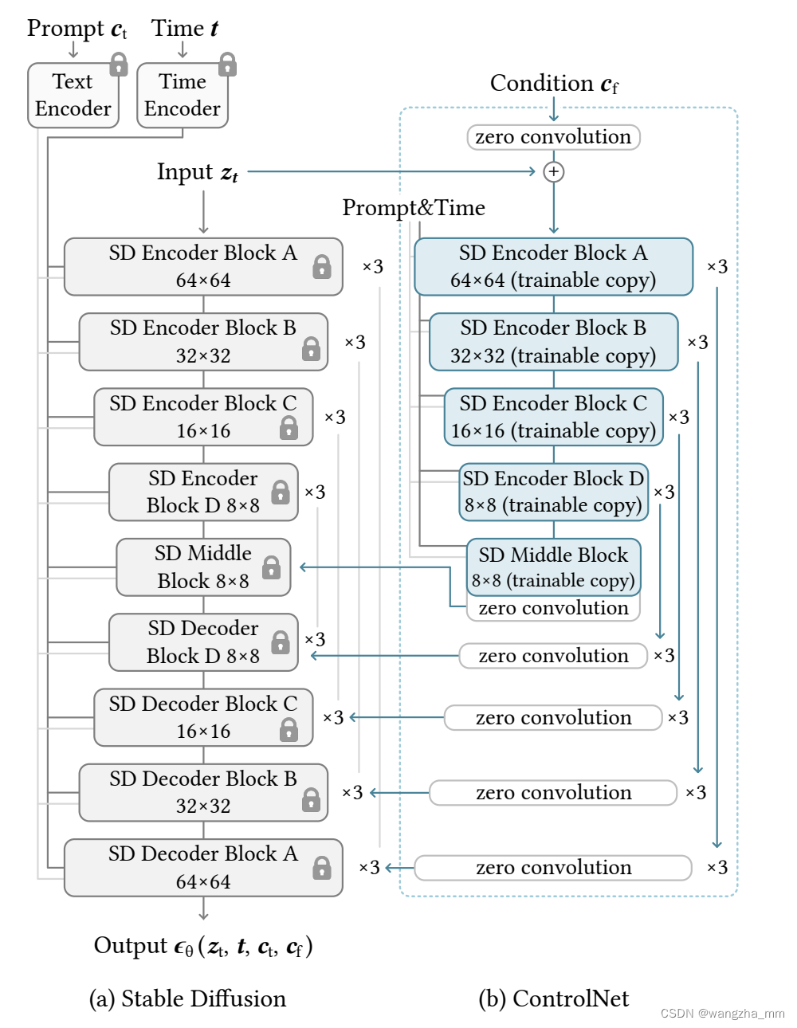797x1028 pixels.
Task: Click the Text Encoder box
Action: [x=73, y=96]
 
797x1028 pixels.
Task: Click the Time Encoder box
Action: [x=182, y=96]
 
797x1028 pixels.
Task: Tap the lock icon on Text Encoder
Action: [x=119, y=64]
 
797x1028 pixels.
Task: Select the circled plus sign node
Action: [x=553, y=171]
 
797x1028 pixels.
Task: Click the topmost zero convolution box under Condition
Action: [x=553, y=137]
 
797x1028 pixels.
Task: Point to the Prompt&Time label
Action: [x=413, y=208]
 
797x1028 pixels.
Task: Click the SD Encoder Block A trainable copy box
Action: [x=553, y=267]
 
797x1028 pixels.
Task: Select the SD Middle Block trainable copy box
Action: [x=553, y=567]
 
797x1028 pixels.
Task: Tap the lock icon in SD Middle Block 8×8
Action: [x=271, y=567]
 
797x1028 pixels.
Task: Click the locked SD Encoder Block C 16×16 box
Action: [x=203, y=417]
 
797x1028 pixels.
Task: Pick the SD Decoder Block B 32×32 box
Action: [x=203, y=792]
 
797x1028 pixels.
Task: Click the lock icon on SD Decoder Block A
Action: [x=322, y=867]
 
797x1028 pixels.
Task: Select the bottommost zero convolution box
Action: [x=553, y=867]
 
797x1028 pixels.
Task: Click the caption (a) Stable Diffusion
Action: [x=187, y=999]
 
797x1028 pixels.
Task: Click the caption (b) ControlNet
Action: [x=553, y=999]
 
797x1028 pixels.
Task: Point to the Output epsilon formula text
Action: [x=203, y=946]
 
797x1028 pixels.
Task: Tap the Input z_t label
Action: [x=197, y=172]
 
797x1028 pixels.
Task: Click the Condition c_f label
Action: [x=553, y=83]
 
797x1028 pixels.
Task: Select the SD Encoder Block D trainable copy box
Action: [x=553, y=492]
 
